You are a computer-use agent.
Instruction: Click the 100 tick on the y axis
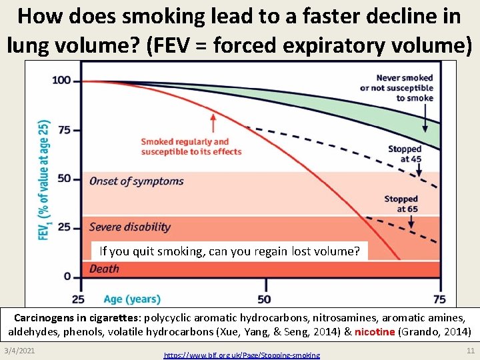click(61, 81)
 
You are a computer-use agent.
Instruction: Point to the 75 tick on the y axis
click(64, 129)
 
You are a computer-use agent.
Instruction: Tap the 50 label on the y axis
click(64, 178)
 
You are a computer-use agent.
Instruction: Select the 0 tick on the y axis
click(67, 276)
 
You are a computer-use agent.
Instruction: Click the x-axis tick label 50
click(263, 299)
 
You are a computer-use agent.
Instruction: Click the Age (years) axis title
click(132, 299)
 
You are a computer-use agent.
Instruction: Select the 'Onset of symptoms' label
click(136, 181)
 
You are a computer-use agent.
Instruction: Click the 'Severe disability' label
click(130, 227)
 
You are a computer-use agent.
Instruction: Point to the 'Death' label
click(104, 269)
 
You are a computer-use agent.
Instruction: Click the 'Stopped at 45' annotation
click(405, 154)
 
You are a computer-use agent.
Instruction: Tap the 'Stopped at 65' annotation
click(401, 204)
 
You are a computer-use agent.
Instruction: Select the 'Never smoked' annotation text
click(405, 88)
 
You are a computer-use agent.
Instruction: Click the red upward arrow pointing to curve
click(213, 123)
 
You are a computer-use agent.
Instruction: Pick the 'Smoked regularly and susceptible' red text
click(191, 147)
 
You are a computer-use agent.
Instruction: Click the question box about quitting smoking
click(229, 251)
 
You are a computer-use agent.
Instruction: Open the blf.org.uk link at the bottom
click(241, 355)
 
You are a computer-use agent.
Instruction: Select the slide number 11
click(470, 351)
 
